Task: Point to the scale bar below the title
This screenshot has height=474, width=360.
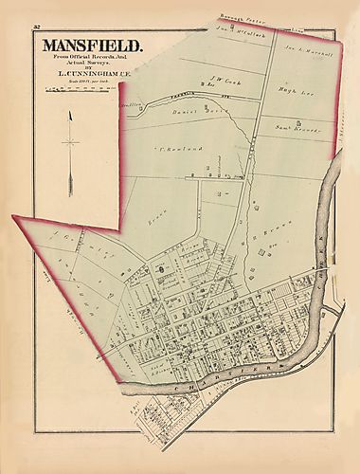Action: point(76,88)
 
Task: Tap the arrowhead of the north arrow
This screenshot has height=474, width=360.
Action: point(70,111)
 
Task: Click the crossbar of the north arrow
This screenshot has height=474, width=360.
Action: point(70,142)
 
